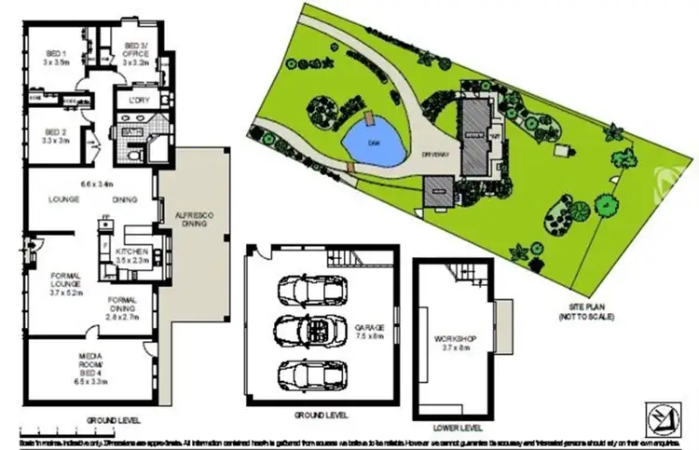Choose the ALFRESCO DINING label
[x=195, y=220]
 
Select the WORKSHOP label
[x=456, y=342]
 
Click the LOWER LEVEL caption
[x=458, y=428]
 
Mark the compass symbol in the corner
[x=663, y=417]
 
